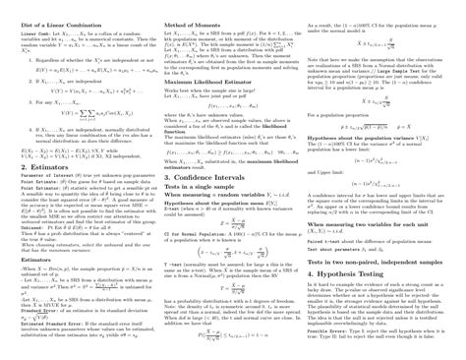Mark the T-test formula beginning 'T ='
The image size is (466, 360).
(x=231, y=278)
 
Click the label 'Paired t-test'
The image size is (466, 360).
(x=324, y=238)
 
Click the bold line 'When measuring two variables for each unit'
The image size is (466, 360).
(x=374, y=225)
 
